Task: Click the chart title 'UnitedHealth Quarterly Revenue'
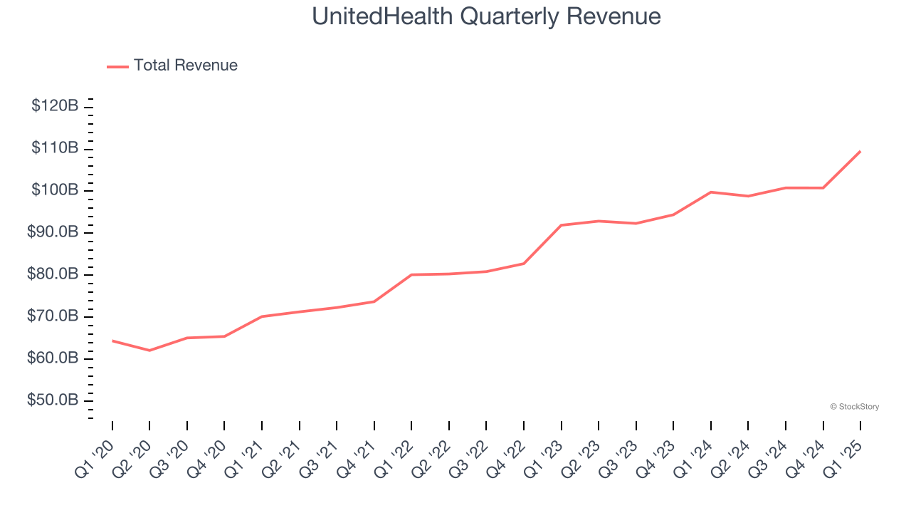pyautogui.click(x=486, y=16)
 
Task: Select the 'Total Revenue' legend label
pyautogui.click(x=185, y=66)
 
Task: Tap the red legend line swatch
pyautogui.click(x=117, y=66)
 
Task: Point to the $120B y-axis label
pyautogui.click(x=55, y=106)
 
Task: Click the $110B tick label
pyautogui.click(x=55, y=148)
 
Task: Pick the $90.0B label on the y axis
pyautogui.click(x=53, y=232)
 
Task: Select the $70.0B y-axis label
pyautogui.click(x=53, y=316)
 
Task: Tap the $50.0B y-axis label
pyautogui.click(x=53, y=400)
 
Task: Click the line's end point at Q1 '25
pyautogui.click(x=860, y=151)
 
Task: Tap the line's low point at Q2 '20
pyautogui.click(x=149, y=351)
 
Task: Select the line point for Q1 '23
pyautogui.click(x=562, y=225)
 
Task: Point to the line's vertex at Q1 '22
pyautogui.click(x=411, y=274)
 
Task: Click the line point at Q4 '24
pyautogui.click(x=823, y=188)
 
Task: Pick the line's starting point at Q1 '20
pyautogui.click(x=112, y=341)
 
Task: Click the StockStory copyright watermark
pyautogui.click(x=854, y=407)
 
